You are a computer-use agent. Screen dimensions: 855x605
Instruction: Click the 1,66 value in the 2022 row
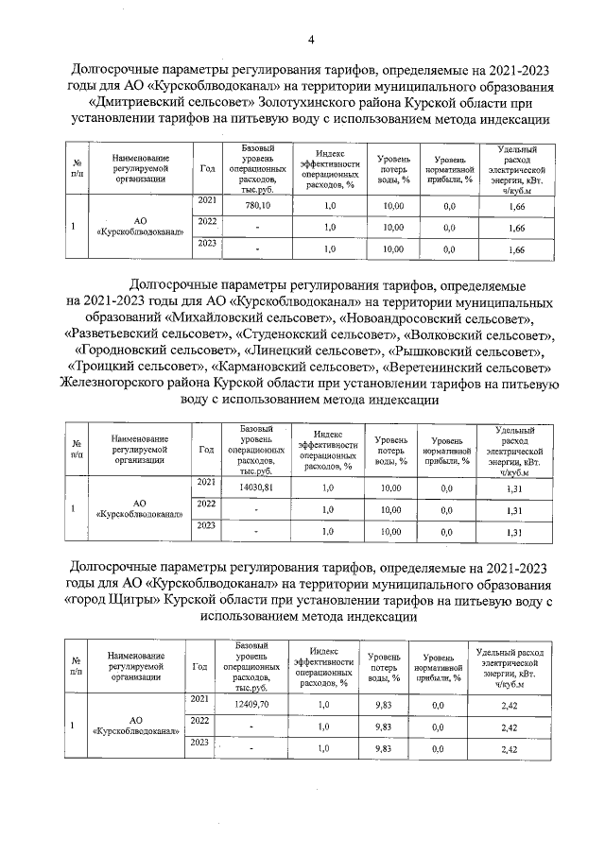coord(516,229)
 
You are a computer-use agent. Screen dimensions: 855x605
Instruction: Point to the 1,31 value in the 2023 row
coord(514,533)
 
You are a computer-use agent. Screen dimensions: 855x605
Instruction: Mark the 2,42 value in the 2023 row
coord(509,749)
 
